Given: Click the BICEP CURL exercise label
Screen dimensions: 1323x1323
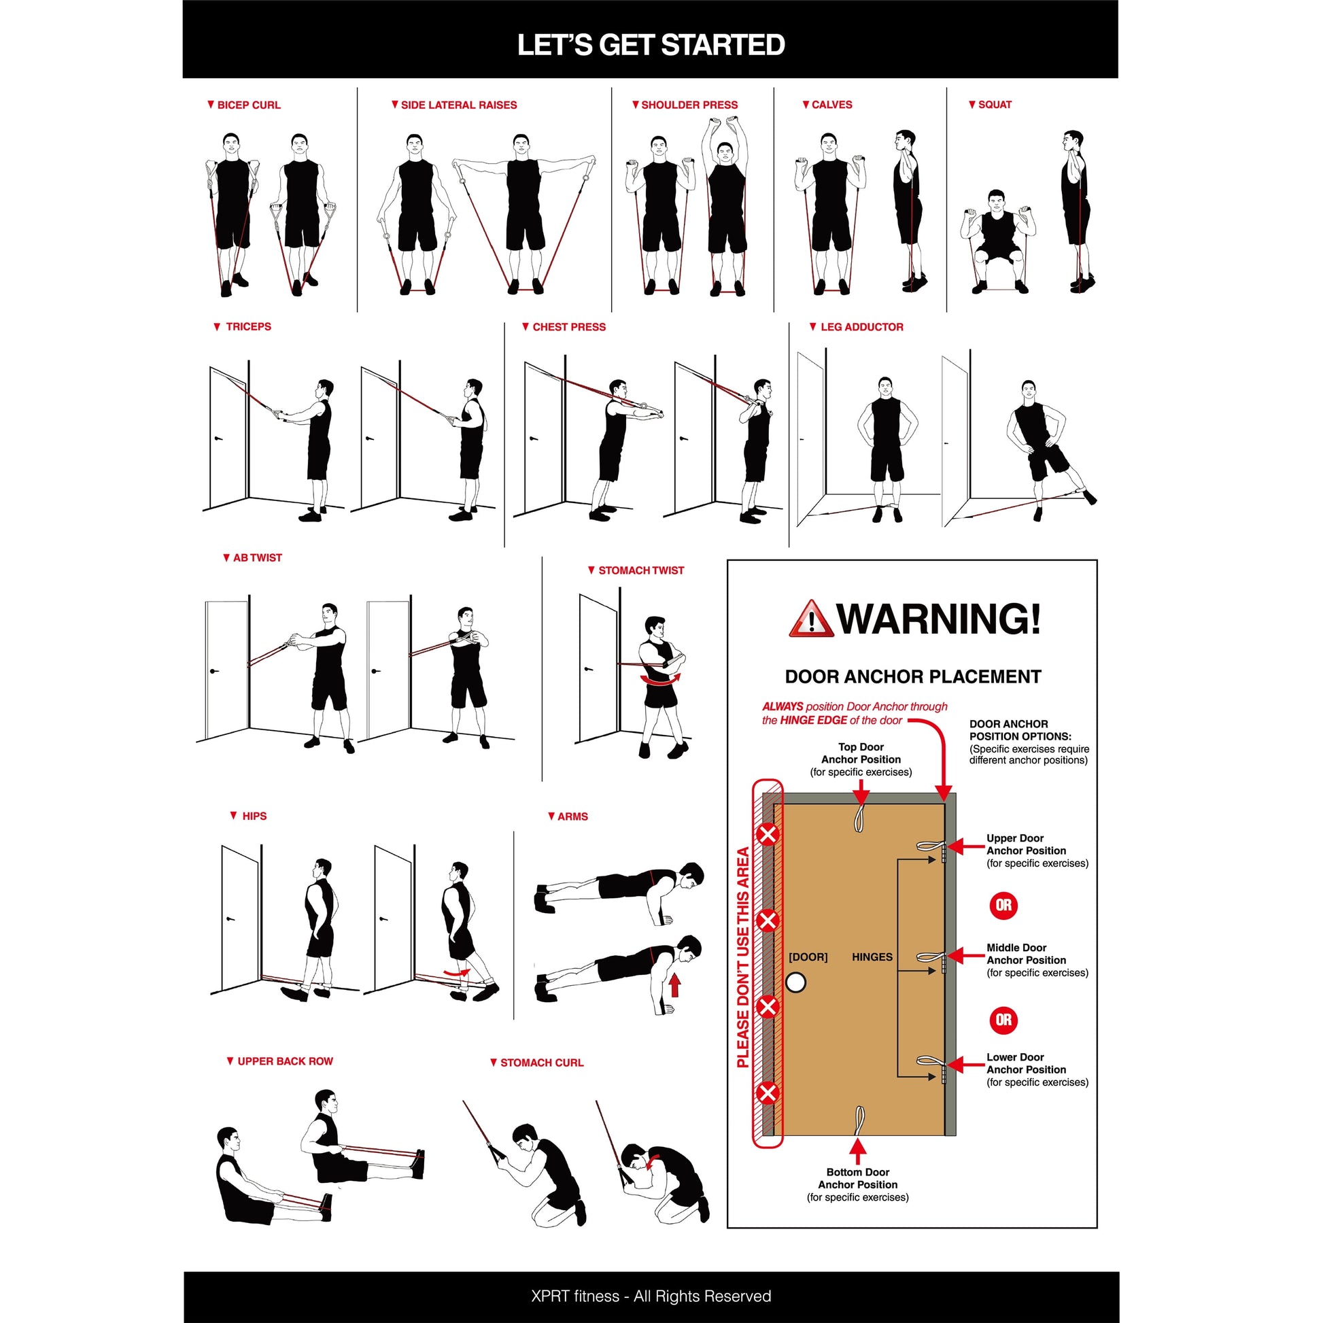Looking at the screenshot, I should pyautogui.click(x=248, y=105).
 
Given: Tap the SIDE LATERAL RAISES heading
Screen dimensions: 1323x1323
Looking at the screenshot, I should pyautogui.click(x=458, y=105).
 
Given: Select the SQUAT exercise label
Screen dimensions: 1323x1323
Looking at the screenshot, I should pyautogui.click(x=995, y=105).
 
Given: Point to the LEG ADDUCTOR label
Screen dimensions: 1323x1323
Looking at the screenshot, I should pyautogui.click(x=861, y=327).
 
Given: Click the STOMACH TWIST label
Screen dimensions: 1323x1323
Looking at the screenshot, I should pyautogui.click(x=640, y=570).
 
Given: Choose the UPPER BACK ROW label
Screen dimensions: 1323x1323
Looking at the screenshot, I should pyautogui.click(x=284, y=1061).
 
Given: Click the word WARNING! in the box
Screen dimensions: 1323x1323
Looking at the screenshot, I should pyautogui.click(x=939, y=619).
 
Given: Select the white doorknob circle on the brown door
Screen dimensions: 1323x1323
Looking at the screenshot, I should pyautogui.click(x=795, y=983).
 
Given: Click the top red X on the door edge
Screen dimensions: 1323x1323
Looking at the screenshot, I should pyautogui.click(x=768, y=834).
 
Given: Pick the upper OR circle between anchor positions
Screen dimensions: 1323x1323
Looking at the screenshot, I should pyautogui.click(x=1004, y=906).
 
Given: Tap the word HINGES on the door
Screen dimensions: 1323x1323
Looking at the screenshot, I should pyautogui.click(x=872, y=957).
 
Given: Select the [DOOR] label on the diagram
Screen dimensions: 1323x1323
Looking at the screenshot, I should pyautogui.click(x=808, y=957).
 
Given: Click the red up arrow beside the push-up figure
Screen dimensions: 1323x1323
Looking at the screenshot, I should pyautogui.click(x=674, y=985).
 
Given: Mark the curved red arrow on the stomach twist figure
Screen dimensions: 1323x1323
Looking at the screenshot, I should pyautogui.click(x=660, y=680).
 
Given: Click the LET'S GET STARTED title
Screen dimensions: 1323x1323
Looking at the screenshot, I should pyautogui.click(x=651, y=45).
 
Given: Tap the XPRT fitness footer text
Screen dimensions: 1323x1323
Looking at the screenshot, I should pyautogui.click(x=651, y=1296).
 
